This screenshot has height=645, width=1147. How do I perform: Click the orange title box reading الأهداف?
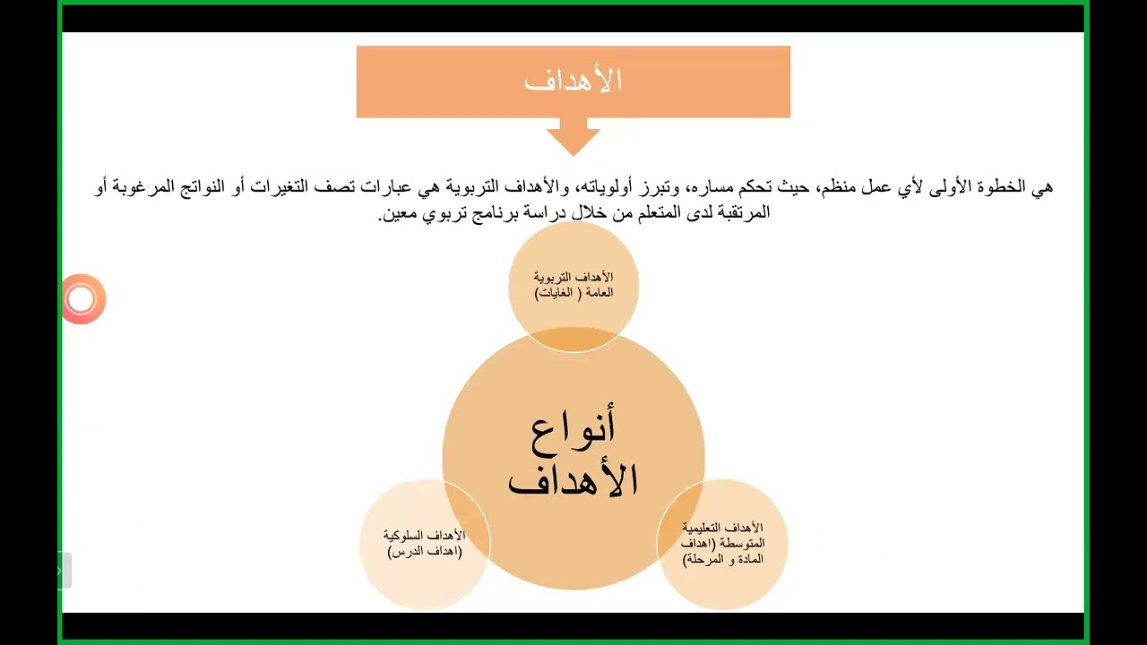coord(573,82)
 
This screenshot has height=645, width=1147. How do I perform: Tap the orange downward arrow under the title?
coord(573,137)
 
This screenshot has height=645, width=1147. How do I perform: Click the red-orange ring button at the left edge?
coord(82,299)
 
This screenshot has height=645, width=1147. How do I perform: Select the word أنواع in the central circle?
coord(573,428)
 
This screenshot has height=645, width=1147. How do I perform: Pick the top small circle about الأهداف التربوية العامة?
coord(573,285)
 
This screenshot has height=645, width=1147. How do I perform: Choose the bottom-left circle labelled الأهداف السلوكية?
coord(425,544)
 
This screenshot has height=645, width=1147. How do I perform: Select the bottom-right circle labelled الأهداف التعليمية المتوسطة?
coord(722,544)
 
